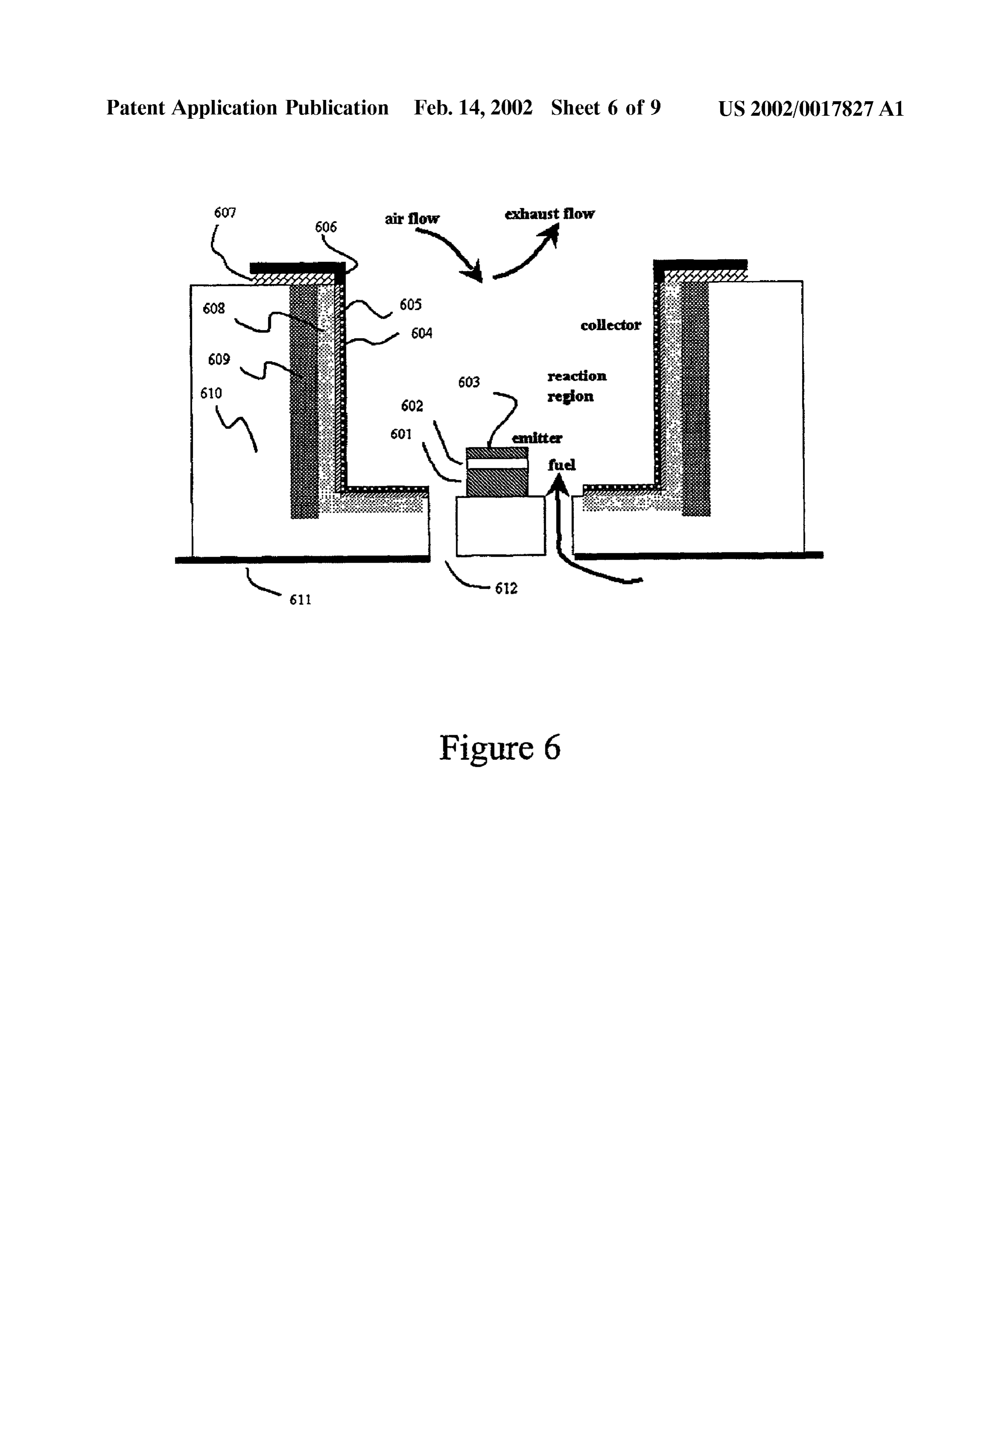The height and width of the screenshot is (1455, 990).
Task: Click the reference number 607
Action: [x=224, y=213]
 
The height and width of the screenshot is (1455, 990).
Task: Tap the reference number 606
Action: [x=326, y=227]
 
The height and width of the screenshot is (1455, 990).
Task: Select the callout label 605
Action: [x=411, y=305]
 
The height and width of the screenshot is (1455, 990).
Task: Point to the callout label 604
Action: [x=421, y=334]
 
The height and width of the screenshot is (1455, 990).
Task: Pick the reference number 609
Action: [x=219, y=359]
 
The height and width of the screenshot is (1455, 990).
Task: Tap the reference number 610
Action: [x=211, y=393]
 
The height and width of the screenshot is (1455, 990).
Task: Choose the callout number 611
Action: [x=300, y=600]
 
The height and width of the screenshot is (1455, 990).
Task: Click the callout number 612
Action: [x=506, y=588]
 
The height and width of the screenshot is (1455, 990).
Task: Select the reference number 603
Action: [x=469, y=382]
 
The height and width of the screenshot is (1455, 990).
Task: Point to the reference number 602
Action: [x=412, y=406]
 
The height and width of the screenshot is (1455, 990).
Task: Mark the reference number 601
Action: [x=401, y=434]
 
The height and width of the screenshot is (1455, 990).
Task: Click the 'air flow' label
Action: [x=412, y=219]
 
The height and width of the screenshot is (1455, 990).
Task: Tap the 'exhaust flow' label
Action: [x=550, y=214]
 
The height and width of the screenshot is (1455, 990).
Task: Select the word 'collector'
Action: [x=611, y=325]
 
